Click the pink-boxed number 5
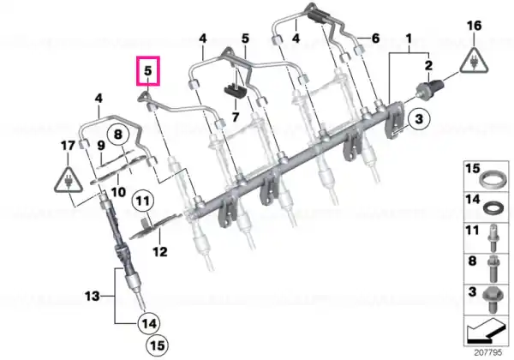148,70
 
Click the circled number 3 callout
419,118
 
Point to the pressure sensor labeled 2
430,87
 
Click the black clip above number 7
236,91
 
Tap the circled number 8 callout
118,134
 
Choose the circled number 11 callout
142,201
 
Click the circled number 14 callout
149,324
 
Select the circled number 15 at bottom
157,345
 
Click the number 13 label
93,297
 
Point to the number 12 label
160,252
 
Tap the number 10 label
118,192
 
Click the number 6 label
375,38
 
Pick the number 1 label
409,39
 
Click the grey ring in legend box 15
491,181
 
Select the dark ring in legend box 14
492,207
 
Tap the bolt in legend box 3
491,300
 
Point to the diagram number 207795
488,352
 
